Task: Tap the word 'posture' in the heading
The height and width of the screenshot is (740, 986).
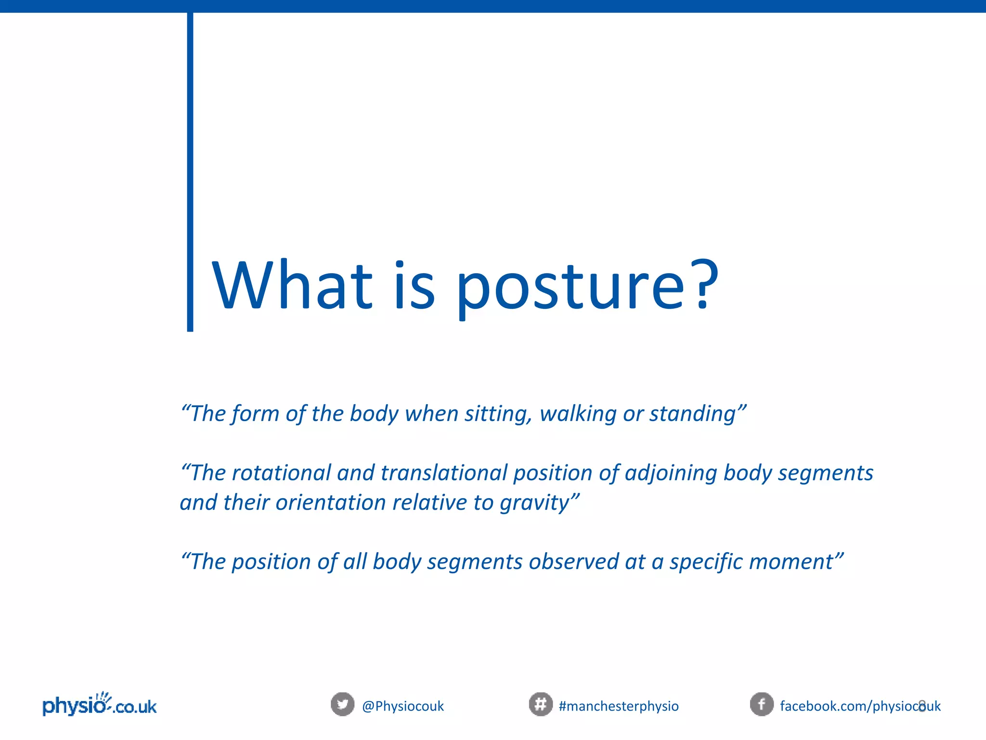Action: (x=570, y=289)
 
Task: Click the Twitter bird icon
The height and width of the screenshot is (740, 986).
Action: (x=342, y=704)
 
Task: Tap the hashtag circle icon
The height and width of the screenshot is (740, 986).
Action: (x=541, y=704)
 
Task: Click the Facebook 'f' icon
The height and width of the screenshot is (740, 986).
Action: (x=762, y=704)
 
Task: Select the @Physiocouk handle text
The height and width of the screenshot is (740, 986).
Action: (x=403, y=706)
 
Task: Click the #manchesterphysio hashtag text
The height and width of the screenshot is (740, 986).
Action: (x=619, y=706)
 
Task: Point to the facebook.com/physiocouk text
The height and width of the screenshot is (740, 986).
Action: (x=860, y=706)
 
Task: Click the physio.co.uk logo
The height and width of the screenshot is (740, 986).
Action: (x=100, y=705)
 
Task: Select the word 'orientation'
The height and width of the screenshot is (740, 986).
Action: (x=331, y=502)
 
